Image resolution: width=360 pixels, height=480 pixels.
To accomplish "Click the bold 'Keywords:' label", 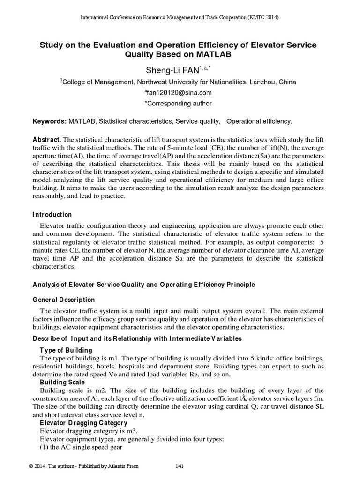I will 49,122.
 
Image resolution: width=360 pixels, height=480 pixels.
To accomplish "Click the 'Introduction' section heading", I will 52,215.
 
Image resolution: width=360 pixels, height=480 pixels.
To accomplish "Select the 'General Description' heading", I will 63,300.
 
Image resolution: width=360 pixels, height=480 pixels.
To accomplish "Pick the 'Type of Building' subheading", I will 66,350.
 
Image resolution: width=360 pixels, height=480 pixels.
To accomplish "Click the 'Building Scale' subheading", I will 62,382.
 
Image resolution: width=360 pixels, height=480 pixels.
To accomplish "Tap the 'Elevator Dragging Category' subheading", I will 83,423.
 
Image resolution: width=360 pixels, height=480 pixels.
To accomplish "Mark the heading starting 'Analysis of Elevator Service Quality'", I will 143,285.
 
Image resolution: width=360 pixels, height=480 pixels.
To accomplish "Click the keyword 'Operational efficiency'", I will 259,122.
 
